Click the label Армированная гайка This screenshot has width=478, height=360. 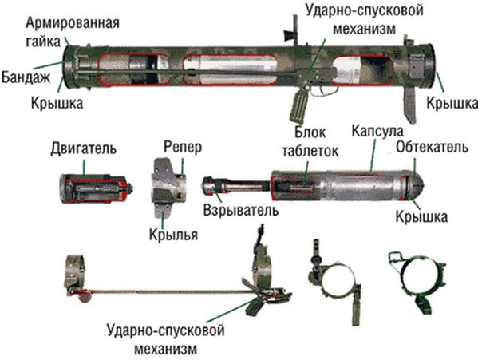[x=73, y=32]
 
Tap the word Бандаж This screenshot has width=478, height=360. [x=26, y=77]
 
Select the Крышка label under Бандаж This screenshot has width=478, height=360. [x=57, y=103]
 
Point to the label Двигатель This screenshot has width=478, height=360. [x=83, y=148]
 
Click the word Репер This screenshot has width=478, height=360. [x=183, y=147]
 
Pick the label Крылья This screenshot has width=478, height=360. [x=173, y=235]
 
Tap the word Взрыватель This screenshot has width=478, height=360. [x=241, y=210]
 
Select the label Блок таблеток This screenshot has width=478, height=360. [x=310, y=142]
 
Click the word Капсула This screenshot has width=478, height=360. [x=377, y=131]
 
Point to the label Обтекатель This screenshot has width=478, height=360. [x=432, y=147]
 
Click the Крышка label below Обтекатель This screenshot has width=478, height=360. [x=421, y=217]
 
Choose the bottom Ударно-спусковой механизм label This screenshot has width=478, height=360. [x=166, y=339]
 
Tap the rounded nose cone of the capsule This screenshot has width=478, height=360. [x=417, y=184]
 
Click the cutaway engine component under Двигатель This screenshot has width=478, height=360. [x=97, y=189]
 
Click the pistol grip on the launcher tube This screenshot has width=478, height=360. [x=299, y=107]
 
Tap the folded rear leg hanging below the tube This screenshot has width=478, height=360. [x=409, y=105]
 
